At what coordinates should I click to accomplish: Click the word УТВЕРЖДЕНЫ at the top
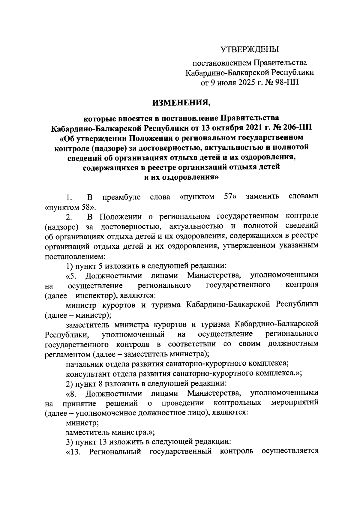pyautogui.click(x=250, y=49)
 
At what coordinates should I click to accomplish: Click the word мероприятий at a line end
pyautogui.click(x=295, y=402)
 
